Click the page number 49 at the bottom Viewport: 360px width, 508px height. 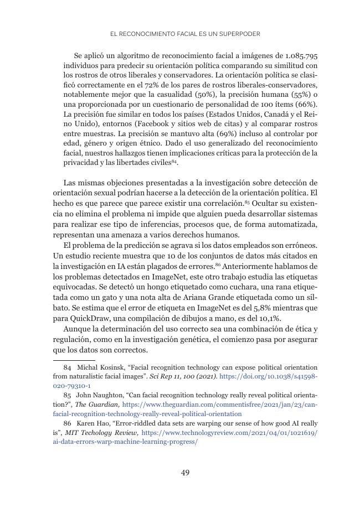[x=186, y=473]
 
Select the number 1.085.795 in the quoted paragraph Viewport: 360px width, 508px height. [x=300, y=56]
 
